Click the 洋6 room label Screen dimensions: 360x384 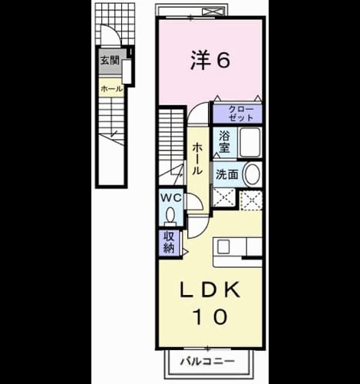(210, 60)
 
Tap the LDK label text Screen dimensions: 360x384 (210, 290)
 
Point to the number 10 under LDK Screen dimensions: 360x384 (210, 316)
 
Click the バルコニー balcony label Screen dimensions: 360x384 (207, 362)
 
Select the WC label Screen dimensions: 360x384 (170, 197)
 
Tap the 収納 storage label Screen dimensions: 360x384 (169, 242)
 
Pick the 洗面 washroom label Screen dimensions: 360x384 (227, 174)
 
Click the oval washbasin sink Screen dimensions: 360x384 (252, 174)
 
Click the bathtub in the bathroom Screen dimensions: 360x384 (250, 142)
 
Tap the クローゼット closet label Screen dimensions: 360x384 (241, 114)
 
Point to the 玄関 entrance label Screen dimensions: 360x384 (110, 61)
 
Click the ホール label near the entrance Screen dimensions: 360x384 (112, 89)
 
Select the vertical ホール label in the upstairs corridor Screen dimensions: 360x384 (197, 159)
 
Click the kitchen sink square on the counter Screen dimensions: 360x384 (223, 247)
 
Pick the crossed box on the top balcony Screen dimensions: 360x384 (213, 12)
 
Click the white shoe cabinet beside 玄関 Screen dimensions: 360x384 (127, 72)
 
